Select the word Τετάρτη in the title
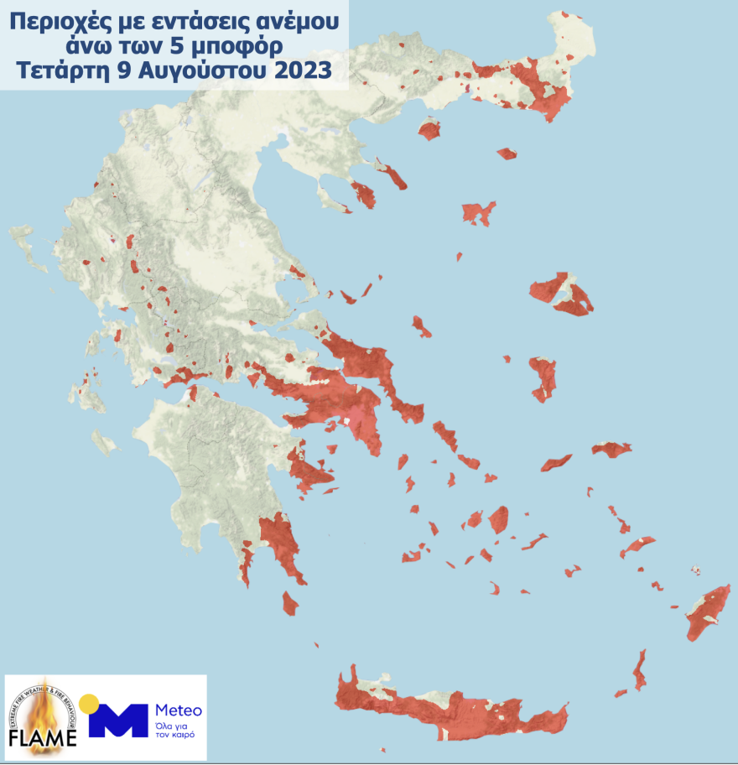[60, 70]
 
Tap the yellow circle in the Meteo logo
[89, 704]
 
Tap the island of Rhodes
[709, 612]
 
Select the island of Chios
[543, 377]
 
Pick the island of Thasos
[429, 130]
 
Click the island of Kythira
[290, 603]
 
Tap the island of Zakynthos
[105, 442]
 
